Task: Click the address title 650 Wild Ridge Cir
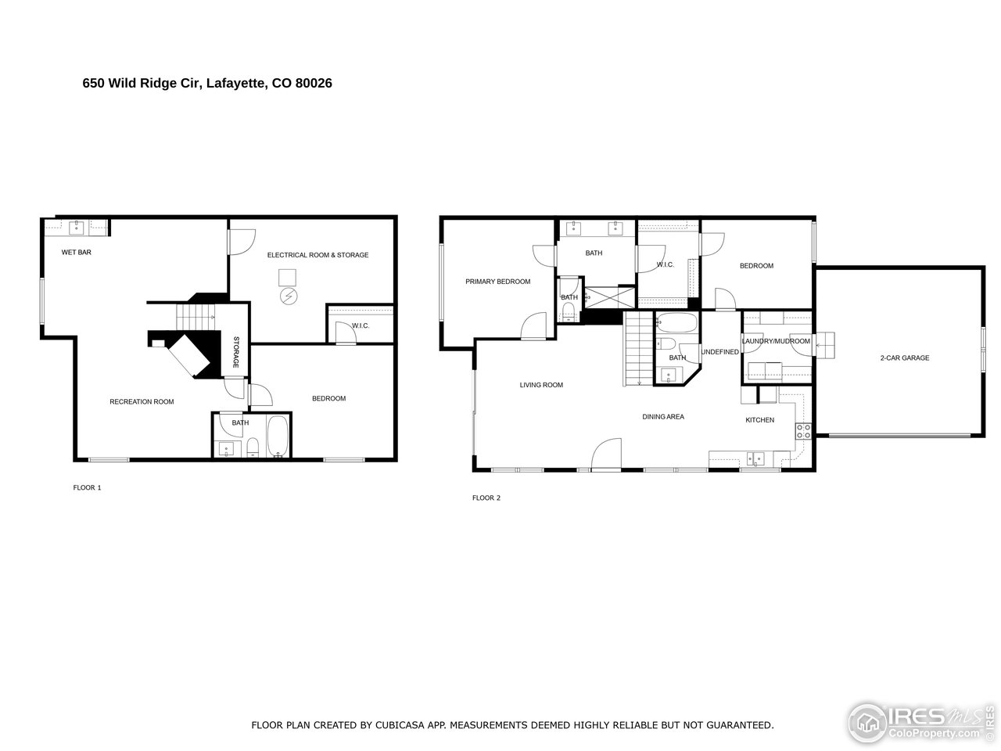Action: click(x=207, y=83)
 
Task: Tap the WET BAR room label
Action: click(x=77, y=253)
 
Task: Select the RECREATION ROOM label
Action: click(x=142, y=401)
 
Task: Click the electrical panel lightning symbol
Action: click(x=289, y=296)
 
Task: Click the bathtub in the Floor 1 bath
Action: click(x=278, y=439)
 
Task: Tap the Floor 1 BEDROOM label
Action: click(x=328, y=399)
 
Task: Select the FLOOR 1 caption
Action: click(x=87, y=488)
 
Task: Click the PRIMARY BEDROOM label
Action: click(x=497, y=282)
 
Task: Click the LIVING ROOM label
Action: click(x=541, y=385)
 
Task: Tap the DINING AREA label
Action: click(x=663, y=417)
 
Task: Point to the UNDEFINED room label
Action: click(x=719, y=352)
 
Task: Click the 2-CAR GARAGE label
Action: click(x=904, y=358)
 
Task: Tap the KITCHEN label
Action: click(x=759, y=420)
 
